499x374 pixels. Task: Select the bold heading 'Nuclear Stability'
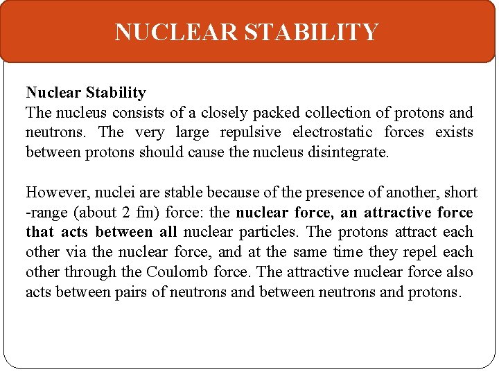[x=86, y=93]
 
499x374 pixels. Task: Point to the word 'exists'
[x=454, y=132]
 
